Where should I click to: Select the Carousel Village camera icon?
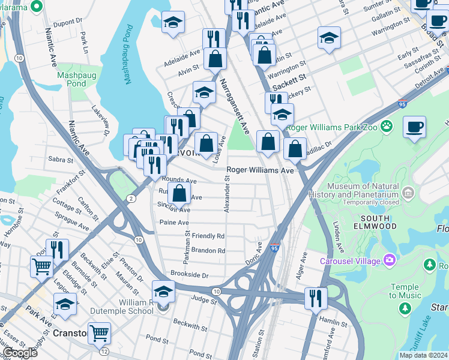pyautogui.click(x=391, y=260)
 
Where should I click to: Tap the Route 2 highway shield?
pyautogui.click(x=131, y=199)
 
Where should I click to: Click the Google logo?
pyautogui.click(x=20, y=353)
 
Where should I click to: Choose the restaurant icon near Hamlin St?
pyautogui.click(x=315, y=297)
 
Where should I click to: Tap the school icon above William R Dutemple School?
pyautogui.click(x=163, y=290)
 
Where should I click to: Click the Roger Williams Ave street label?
pyautogui.click(x=260, y=170)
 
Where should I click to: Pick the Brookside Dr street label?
pyautogui.click(x=188, y=275)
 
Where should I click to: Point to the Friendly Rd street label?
pyautogui.click(x=208, y=236)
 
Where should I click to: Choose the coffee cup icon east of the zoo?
pyautogui.click(x=414, y=127)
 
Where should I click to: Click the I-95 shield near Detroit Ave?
pyautogui.click(x=402, y=104)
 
